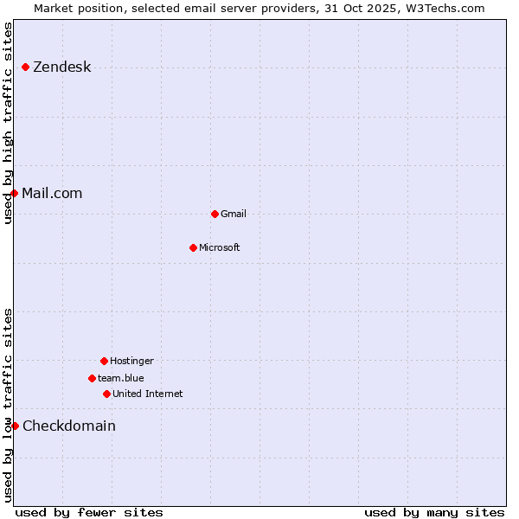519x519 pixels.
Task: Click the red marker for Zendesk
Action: point(26,67)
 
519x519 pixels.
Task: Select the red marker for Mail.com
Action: point(15,193)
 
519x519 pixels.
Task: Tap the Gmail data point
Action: point(215,214)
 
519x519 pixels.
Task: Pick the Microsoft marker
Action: point(193,247)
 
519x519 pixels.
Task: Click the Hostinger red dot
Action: point(104,361)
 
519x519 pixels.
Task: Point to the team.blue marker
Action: point(92,378)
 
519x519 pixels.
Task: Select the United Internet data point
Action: point(106,394)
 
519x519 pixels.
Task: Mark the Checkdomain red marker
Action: point(15,426)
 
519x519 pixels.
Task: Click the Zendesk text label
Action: point(61,67)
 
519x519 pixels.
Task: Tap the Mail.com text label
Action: point(52,193)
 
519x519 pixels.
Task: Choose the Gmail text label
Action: point(234,214)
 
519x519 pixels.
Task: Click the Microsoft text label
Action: point(220,247)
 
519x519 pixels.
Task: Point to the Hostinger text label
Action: point(131,361)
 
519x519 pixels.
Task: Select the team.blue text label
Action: point(121,378)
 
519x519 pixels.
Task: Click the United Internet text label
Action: point(148,394)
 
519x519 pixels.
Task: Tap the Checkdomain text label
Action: point(69,426)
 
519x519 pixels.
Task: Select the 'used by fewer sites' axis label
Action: point(89,512)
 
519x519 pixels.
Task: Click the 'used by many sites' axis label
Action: point(434,512)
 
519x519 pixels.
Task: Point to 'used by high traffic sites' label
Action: point(8,123)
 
